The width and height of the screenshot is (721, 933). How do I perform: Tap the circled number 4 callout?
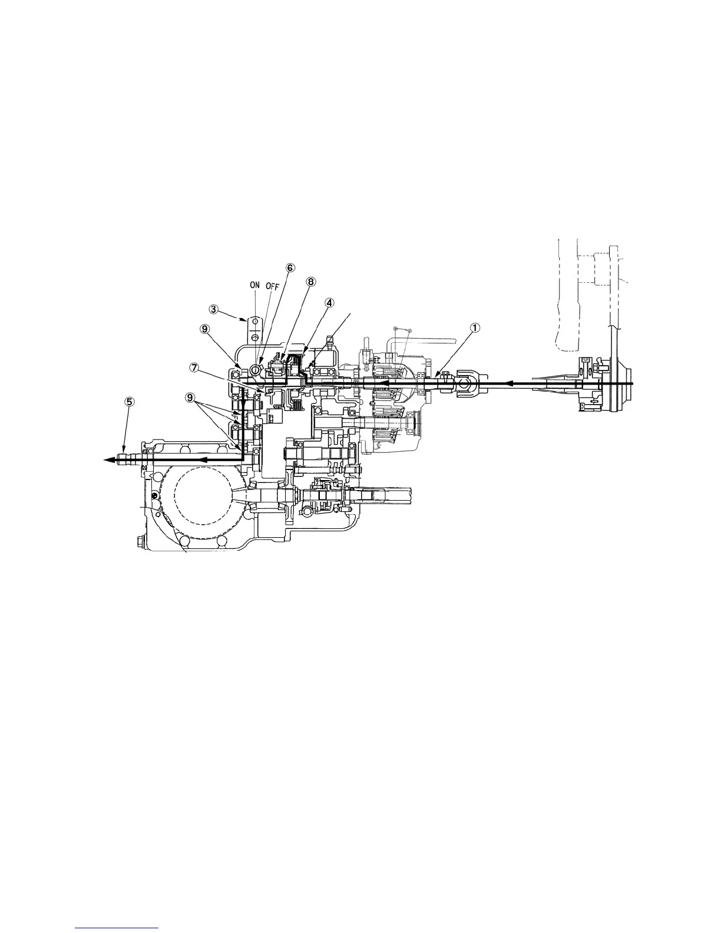[x=329, y=302]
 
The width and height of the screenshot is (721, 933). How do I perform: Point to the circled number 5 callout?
[x=129, y=401]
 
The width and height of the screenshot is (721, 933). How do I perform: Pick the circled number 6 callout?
[x=290, y=267]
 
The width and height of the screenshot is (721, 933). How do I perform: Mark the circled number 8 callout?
[x=311, y=281]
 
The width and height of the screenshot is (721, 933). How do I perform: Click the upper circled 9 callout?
[x=204, y=329]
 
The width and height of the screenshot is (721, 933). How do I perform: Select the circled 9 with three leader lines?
[x=190, y=398]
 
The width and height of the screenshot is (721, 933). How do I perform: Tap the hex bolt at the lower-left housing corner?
[x=141, y=540]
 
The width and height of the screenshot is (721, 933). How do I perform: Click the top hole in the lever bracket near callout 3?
[x=254, y=322]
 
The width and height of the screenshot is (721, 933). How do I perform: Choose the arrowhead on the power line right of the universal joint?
[x=510, y=383]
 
